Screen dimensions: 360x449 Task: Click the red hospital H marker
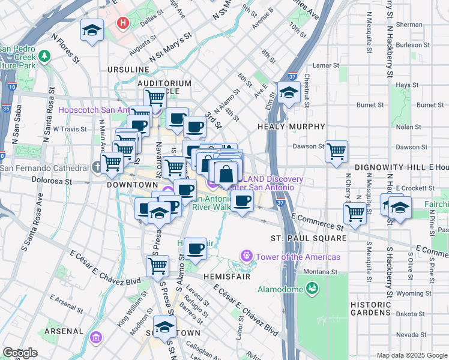[124, 23]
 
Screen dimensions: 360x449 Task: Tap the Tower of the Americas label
[298, 257]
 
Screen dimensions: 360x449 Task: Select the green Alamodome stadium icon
[312, 289]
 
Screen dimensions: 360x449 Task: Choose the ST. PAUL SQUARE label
[309, 238]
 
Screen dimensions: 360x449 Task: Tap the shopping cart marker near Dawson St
[336, 151]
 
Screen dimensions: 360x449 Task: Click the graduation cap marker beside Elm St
[289, 93]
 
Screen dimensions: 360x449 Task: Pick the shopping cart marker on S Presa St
[157, 265]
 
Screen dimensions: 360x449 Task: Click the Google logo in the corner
[20, 353]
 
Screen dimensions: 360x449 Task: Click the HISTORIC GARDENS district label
[370, 308]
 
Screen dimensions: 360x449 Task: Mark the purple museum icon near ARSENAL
[95, 338]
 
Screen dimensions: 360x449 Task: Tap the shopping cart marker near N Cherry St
[355, 212]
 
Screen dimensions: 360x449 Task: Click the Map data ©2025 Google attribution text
[411, 355]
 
